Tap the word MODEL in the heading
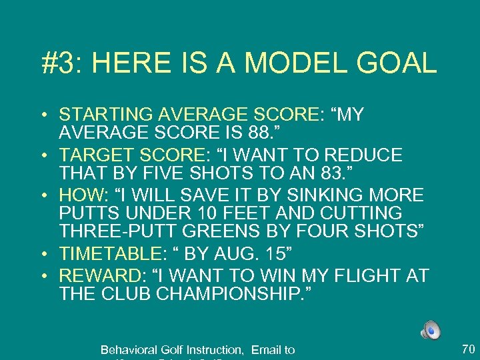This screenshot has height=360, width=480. (x=287, y=64)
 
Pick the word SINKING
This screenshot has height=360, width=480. (x=311, y=195)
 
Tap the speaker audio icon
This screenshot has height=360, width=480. (x=430, y=329)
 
